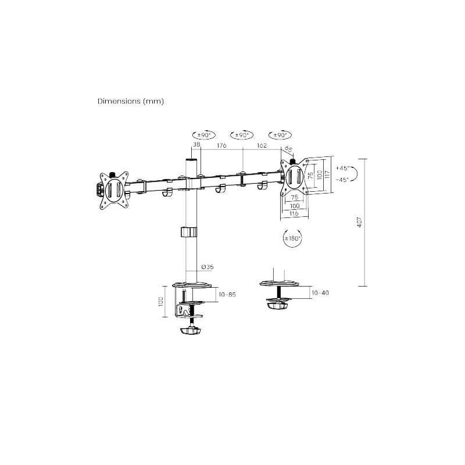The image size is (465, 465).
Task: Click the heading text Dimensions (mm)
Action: pyautogui.click(x=131, y=101)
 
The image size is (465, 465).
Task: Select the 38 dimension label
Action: pyautogui.click(x=196, y=145)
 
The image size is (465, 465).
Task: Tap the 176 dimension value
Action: pyautogui.click(x=221, y=145)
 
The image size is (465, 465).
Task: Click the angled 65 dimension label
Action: pyautogui.click(x=288, y=149)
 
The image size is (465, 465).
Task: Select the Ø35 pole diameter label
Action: pyautogui.click(x=207, y=266)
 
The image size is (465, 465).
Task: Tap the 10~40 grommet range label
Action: pyautogui.click(x=320, y=292)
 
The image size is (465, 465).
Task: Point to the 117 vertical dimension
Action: pyautogui.click(x=328, y=174)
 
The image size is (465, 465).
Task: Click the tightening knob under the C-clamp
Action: pyautogui.click(x=190, y=331)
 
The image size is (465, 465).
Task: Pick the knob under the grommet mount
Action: pyautogui.click(x=277, y=305)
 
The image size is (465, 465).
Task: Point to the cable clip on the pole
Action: pyautogui.click(x=187, y=232)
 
